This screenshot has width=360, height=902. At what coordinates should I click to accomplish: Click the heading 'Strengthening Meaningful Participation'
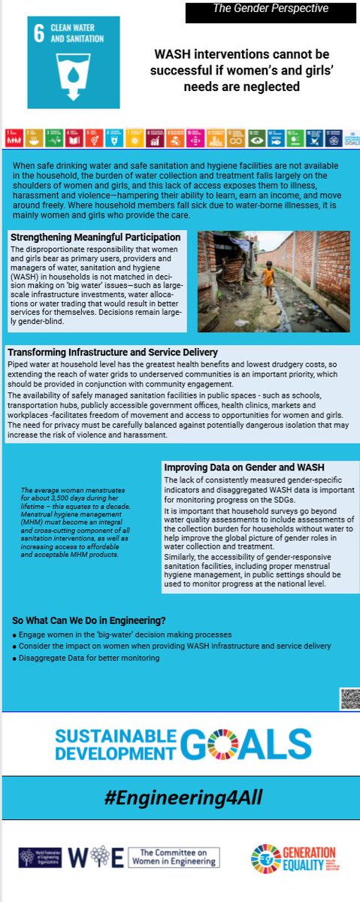90,238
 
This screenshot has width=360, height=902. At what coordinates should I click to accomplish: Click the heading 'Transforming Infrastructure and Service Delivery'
113,352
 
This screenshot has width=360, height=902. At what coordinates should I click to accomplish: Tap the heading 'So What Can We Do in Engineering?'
89,620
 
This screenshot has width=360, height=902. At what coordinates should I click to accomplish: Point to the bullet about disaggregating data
86,658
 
